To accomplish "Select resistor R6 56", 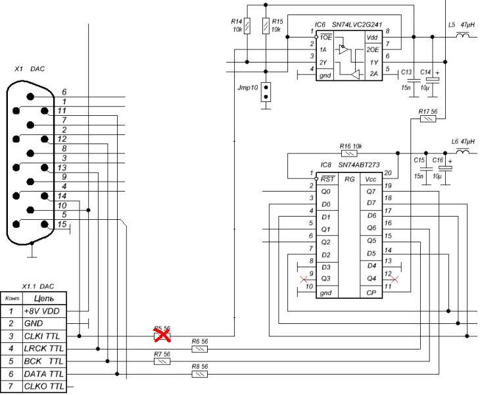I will tap(200, 349).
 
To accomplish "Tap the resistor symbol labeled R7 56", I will tap(162, 361).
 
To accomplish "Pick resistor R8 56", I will tap(200, 374).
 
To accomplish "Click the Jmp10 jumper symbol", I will tap(266, 92).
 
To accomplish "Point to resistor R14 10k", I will tap(247, 27).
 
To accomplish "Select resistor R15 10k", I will tap(266, 27).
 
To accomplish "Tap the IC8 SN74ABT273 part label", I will tap(348, 165).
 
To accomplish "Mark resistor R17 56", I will tap(428, 119).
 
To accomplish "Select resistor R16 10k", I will tap(350, 153).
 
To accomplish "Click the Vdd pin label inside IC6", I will tap(372, 38).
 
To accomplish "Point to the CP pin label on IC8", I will tap(372, 292).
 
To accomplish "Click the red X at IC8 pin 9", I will tap(304, 279).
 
